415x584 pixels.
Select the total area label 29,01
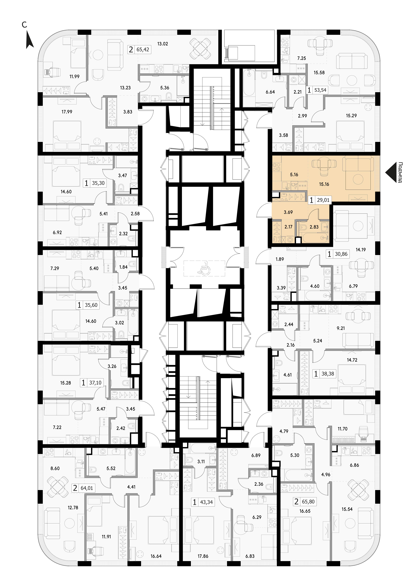(x=323, y=200)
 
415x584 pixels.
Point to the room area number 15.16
(x=324, y=184)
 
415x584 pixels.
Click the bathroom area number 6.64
(x=270, y=92)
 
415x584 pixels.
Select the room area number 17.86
(x=203, y=556)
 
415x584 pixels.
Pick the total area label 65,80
(x=308, y=501)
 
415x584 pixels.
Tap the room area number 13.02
(x=163, y=44)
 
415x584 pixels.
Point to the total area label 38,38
(x=328, y=374)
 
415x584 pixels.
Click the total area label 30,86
(x=341, y=254)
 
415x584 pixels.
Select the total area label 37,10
(x=95, y=383)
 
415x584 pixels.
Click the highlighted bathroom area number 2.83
(x=314, y=227)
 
